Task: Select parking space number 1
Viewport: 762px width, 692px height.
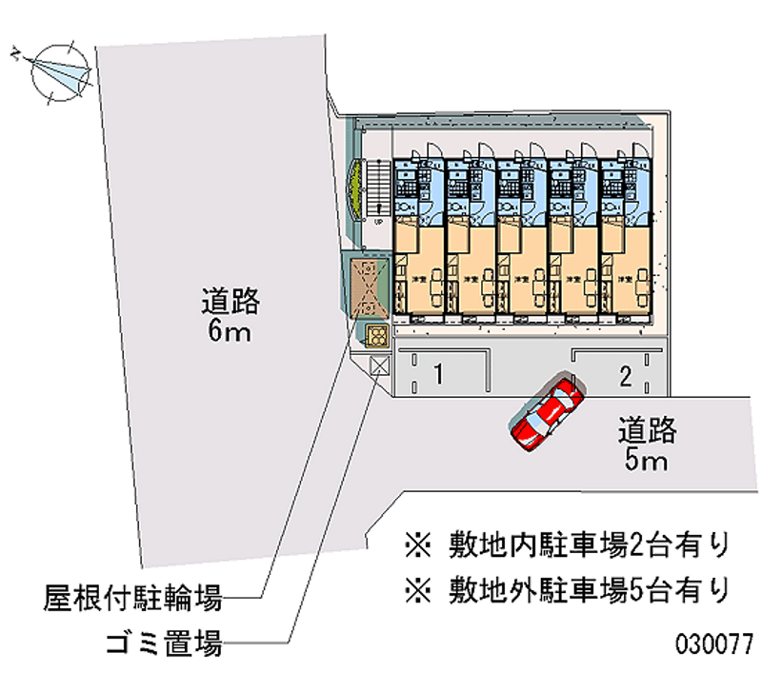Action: (437, 373)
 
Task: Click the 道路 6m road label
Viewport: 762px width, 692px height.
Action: (230, 316)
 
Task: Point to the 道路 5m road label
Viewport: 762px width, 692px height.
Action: (647, 445)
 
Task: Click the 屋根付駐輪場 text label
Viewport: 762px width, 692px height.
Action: (133, 599)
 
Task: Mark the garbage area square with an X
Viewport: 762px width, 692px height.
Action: (379, 366)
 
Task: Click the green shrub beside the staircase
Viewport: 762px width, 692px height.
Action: (356, 187)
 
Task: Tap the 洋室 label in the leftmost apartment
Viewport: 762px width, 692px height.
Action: (417, 280)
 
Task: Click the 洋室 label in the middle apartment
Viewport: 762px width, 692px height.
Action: (521, 280)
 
